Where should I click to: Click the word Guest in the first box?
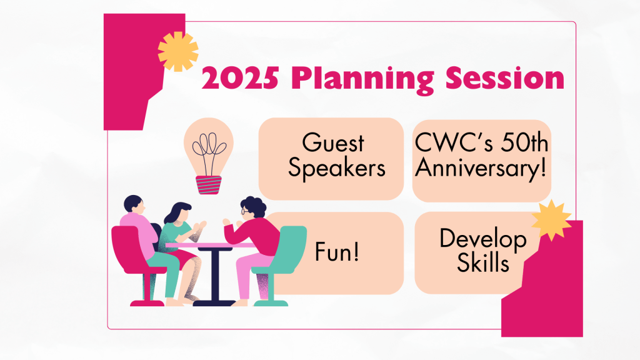click(x=333, y=143)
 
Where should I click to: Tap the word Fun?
click(x=337, y=255)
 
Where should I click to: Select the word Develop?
click(x=482, y=238)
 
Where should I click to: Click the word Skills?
click(x=482, y=263)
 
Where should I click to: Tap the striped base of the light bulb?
click(x=209, y=186)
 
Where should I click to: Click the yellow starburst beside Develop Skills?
click(x=551, y=220)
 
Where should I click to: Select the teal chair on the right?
click(x=284, y=256)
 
